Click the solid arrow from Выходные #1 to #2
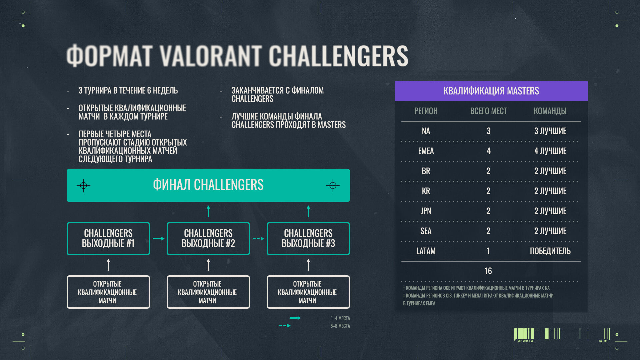click(x=159, y=239)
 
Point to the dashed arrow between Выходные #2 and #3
click(x=259, y=239)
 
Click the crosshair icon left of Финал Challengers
click(x=83, y=185)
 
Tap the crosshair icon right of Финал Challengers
click(x=333, y=185)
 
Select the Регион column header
click(x=426, y=111)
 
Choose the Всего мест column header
click(x=488, y=111)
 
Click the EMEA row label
click(x=426, y=151)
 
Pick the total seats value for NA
click(x=488, y=131)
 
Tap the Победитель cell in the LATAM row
click(x=550, y=251)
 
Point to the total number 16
click(x=488, y=271)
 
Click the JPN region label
click(x=426, y=211)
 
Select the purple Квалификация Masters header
click(x=491, y=91)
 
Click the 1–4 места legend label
click(x=340, y=318)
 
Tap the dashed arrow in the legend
click(x=285, y=326)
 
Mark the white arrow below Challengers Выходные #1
click(x=108, y=265)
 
